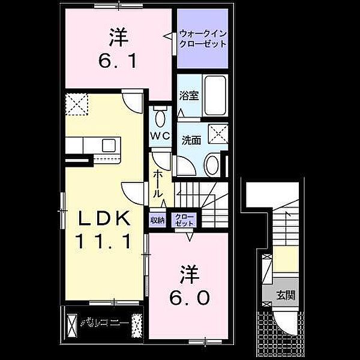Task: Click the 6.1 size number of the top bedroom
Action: pyautogui.click(x=118, y=60)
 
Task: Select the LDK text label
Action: pyautogui.click(x=102, y=220)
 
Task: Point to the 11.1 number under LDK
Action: pyautogui.click(x=102, y=241)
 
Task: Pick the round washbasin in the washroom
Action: pyautogui.click(x=212, y=164)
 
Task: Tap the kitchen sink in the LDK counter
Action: pyautogui.click(x=110, y=145)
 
